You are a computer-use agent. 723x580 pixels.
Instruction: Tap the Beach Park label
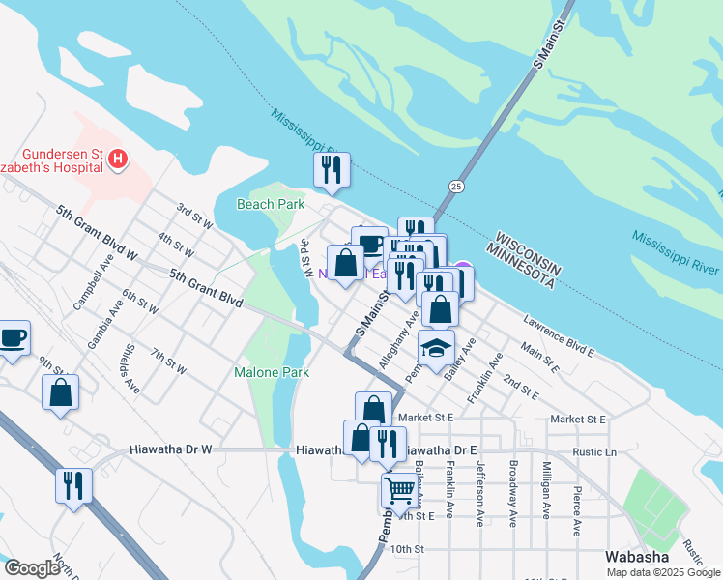[271, 204]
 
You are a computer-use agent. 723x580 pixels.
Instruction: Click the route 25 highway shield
[456, 186]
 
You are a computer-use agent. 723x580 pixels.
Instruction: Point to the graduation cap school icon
[436, 346]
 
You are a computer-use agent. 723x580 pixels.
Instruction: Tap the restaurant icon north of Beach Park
[331, 170]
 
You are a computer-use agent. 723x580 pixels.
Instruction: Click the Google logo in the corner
[32, 568]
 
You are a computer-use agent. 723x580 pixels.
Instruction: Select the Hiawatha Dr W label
[170, 450]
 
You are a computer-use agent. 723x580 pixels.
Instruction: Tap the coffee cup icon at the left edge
[13, 338]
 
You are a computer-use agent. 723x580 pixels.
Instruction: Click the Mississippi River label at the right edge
[677, 250]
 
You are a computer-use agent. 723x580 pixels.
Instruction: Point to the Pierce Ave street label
[577, 511]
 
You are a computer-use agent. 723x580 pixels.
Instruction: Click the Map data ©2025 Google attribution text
[663, 572]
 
